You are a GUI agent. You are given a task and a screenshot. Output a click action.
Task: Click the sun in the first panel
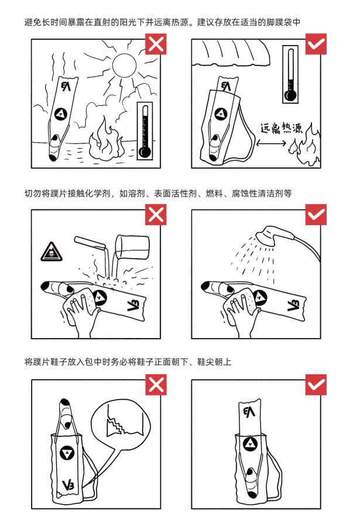point(124,65)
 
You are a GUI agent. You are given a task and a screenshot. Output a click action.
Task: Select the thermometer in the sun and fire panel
point(145,131)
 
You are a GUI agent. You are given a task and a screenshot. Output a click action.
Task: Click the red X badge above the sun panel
point(156,44)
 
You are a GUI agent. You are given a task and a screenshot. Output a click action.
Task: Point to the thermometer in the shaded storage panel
point(290,74)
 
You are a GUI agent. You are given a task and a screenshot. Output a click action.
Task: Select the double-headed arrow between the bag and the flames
point(270,143)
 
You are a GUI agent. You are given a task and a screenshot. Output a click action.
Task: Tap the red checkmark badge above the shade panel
point(316,44)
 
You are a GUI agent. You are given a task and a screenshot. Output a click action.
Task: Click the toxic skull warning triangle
point(52,252)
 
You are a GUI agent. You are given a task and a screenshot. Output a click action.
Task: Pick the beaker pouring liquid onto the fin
point(132,247)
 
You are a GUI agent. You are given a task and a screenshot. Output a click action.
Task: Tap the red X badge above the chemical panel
point(156,215)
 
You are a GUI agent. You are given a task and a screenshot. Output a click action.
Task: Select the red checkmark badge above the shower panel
point(316,215)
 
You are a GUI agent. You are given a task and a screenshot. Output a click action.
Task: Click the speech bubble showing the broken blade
point(120,421)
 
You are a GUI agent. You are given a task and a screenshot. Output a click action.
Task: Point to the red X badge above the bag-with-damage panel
point(156,384)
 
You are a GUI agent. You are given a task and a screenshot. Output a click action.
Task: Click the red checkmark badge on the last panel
point(316,384)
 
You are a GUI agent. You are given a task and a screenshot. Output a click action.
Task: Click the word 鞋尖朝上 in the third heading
point(214,362)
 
